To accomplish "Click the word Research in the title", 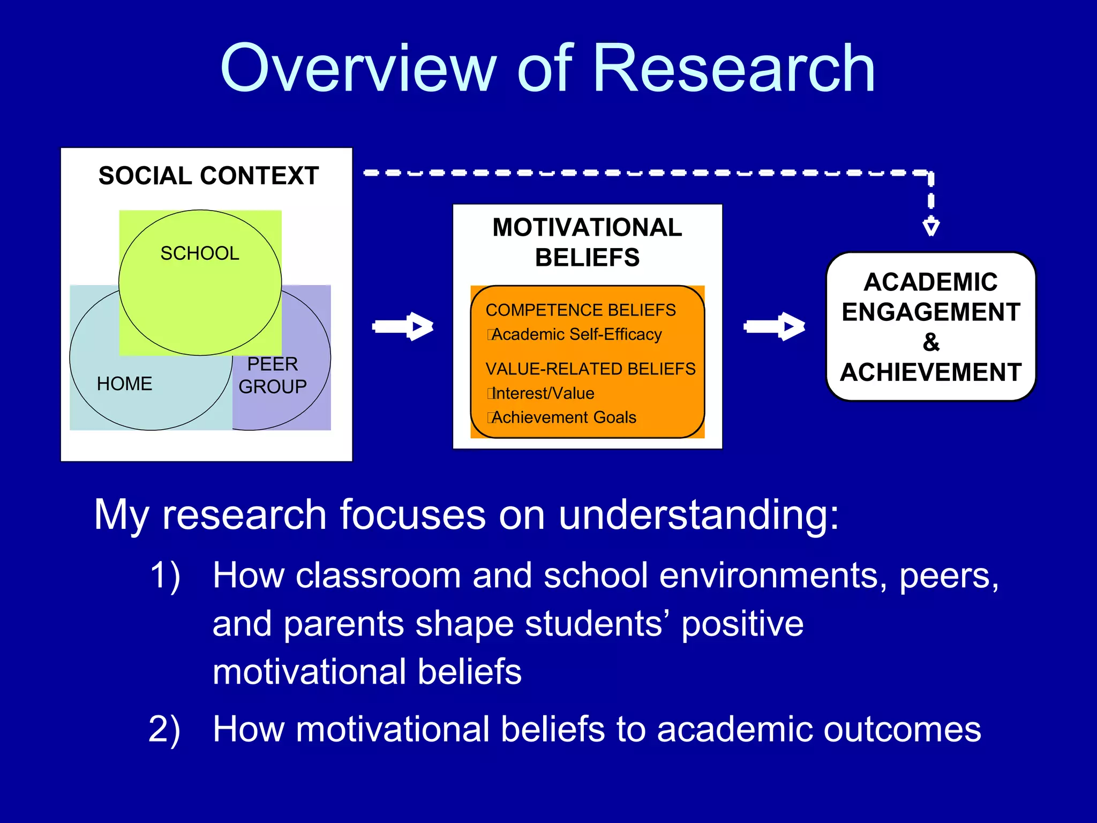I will [x=734, y=70].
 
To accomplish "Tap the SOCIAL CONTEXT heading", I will [x=208, y=176].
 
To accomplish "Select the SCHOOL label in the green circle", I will [x=200, y=253].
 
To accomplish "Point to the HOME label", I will [x=124, y=384].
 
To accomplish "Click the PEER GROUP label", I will [x=273, y=375].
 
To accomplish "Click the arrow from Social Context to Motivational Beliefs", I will [x=403, y=326].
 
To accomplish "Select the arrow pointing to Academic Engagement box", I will [x=775, y=326].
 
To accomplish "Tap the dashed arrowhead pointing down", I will [x=931, y=226].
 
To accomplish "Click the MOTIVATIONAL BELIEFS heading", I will [x=587, y=242].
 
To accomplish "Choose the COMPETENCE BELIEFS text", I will [x=581, y=310].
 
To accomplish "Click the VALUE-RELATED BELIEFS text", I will [x=590, y=369].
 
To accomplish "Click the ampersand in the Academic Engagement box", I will [x=931, y=342].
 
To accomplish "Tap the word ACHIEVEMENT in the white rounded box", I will [x=931, y=372].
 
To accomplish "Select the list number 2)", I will [x=164, y=730].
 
